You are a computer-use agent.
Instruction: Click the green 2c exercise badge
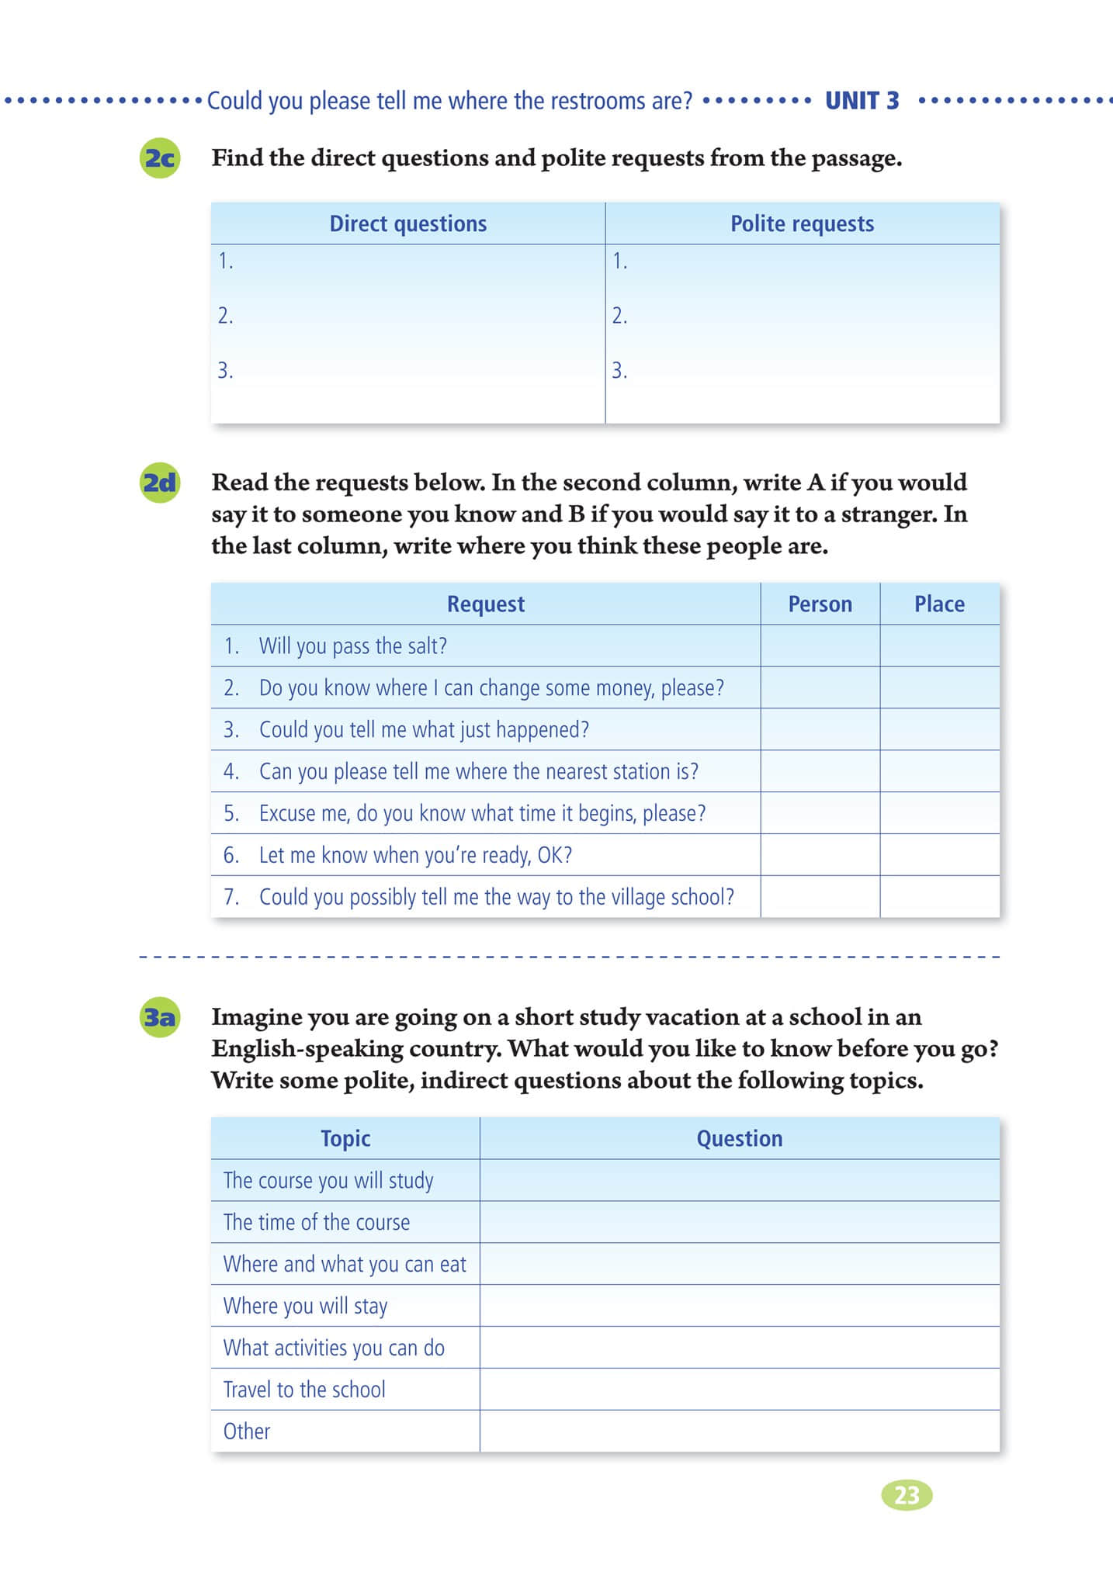click(x=160, y=158)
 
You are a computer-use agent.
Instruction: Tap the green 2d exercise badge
click(x=160, y=483)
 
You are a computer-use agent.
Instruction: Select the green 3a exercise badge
click(x=160, y=1017)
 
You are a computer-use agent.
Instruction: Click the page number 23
click(x=907, y=1495)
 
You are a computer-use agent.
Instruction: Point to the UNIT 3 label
click(x=862, y=101)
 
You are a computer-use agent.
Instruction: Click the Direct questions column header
click(x=408, y=223)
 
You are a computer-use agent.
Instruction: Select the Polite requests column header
click(x=802, y=223)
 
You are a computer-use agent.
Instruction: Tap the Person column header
click(x=820, y=604)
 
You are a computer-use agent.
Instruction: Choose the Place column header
click(x=939, y=604)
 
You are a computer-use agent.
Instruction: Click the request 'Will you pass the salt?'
click(x=352, y=646)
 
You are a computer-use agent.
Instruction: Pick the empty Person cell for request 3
click(x=820, y=729)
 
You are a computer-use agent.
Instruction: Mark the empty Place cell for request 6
click(x=939, y=855)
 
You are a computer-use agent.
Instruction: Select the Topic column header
click(x=345, y=1138)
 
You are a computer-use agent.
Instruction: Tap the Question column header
click(x=739, y=1138)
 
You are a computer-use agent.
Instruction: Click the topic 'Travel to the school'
click(x=304, y=1390)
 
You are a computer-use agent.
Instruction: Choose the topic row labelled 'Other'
click(x=247, y=1431)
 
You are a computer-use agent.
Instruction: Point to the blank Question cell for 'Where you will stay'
click(x=739, y=1306)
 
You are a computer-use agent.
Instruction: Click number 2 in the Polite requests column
click(x=619, y=316)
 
